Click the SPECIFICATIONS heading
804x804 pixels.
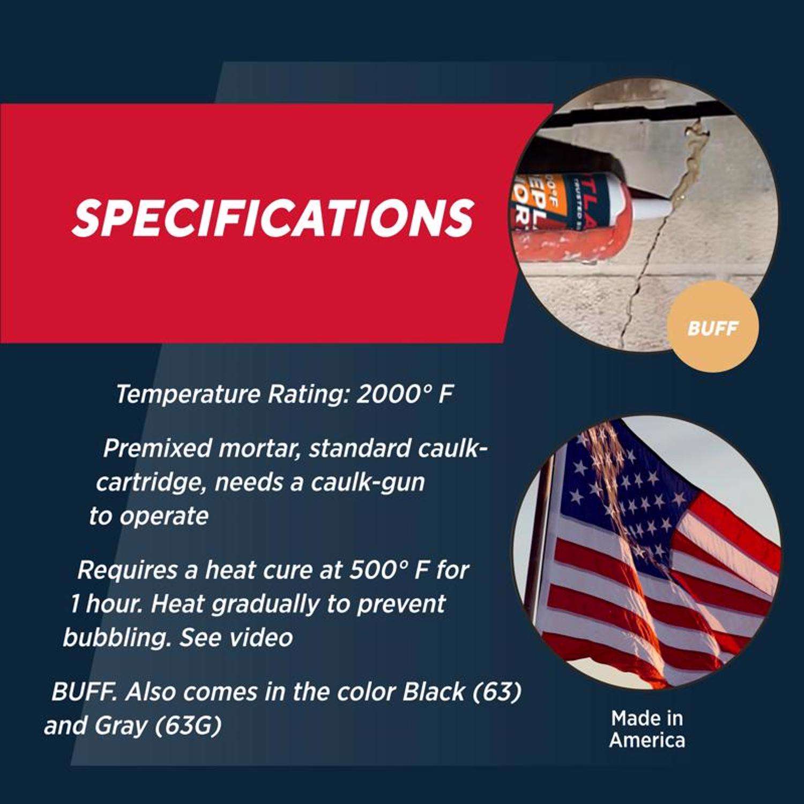click(273, 218)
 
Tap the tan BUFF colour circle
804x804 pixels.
click(712, 327)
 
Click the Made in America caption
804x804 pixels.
click(647, 729)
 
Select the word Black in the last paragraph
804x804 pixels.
click(433, 691)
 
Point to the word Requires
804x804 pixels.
click(127, 570)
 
